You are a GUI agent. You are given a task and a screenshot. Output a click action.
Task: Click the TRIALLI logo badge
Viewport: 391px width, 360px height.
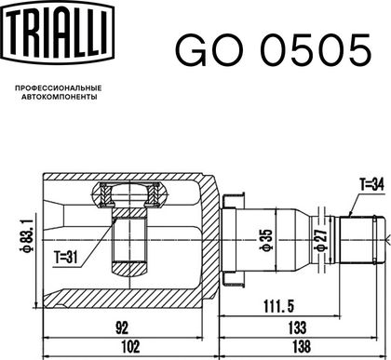pos(58,32)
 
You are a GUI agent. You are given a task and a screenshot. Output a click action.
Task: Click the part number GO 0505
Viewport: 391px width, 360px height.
pos(273,50)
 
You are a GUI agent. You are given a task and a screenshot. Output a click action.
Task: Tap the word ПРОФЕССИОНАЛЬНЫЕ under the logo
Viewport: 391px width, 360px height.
pos(59,88)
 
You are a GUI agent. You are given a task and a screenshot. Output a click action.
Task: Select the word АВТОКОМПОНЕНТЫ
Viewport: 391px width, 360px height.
pos(59,97)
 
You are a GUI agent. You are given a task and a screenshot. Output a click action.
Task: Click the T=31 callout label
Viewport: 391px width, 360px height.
pos(66,257)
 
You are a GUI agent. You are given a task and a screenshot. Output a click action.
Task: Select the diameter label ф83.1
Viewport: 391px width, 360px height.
pos(27,235)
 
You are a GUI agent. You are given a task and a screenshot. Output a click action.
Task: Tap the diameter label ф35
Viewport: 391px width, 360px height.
pos(266,240)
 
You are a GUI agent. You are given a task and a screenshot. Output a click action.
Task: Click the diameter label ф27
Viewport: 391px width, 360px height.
pos(320,241)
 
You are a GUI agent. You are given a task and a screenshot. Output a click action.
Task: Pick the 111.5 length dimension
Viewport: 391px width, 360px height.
pos(278,306)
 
